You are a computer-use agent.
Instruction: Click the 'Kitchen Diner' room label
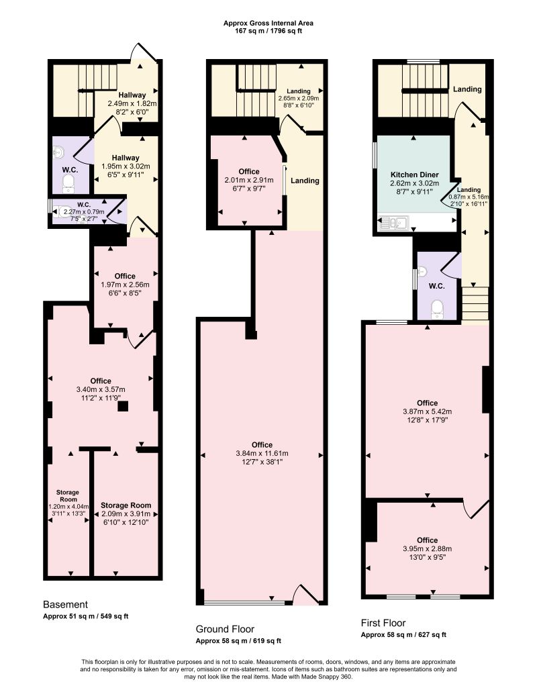tap(414, 174)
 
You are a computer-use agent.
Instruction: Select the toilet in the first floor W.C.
tap(437, 307)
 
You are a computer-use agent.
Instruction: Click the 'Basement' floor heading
tap(65, 604)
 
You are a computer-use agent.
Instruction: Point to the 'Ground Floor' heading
tap(225, 629)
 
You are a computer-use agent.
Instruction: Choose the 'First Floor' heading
tap(383, 623)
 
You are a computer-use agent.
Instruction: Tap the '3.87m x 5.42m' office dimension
tap(426, 412)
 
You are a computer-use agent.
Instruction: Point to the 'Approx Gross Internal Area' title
tap(268, 23)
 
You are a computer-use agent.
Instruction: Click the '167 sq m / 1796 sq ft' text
tap(268, 32)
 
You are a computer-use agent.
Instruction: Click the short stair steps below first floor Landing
tap(475, 303)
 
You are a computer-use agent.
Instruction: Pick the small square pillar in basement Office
tap(123, 406)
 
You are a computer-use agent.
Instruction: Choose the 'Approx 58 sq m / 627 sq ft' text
tap(403, 635)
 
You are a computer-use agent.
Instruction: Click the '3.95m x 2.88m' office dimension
tap(426, 548)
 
